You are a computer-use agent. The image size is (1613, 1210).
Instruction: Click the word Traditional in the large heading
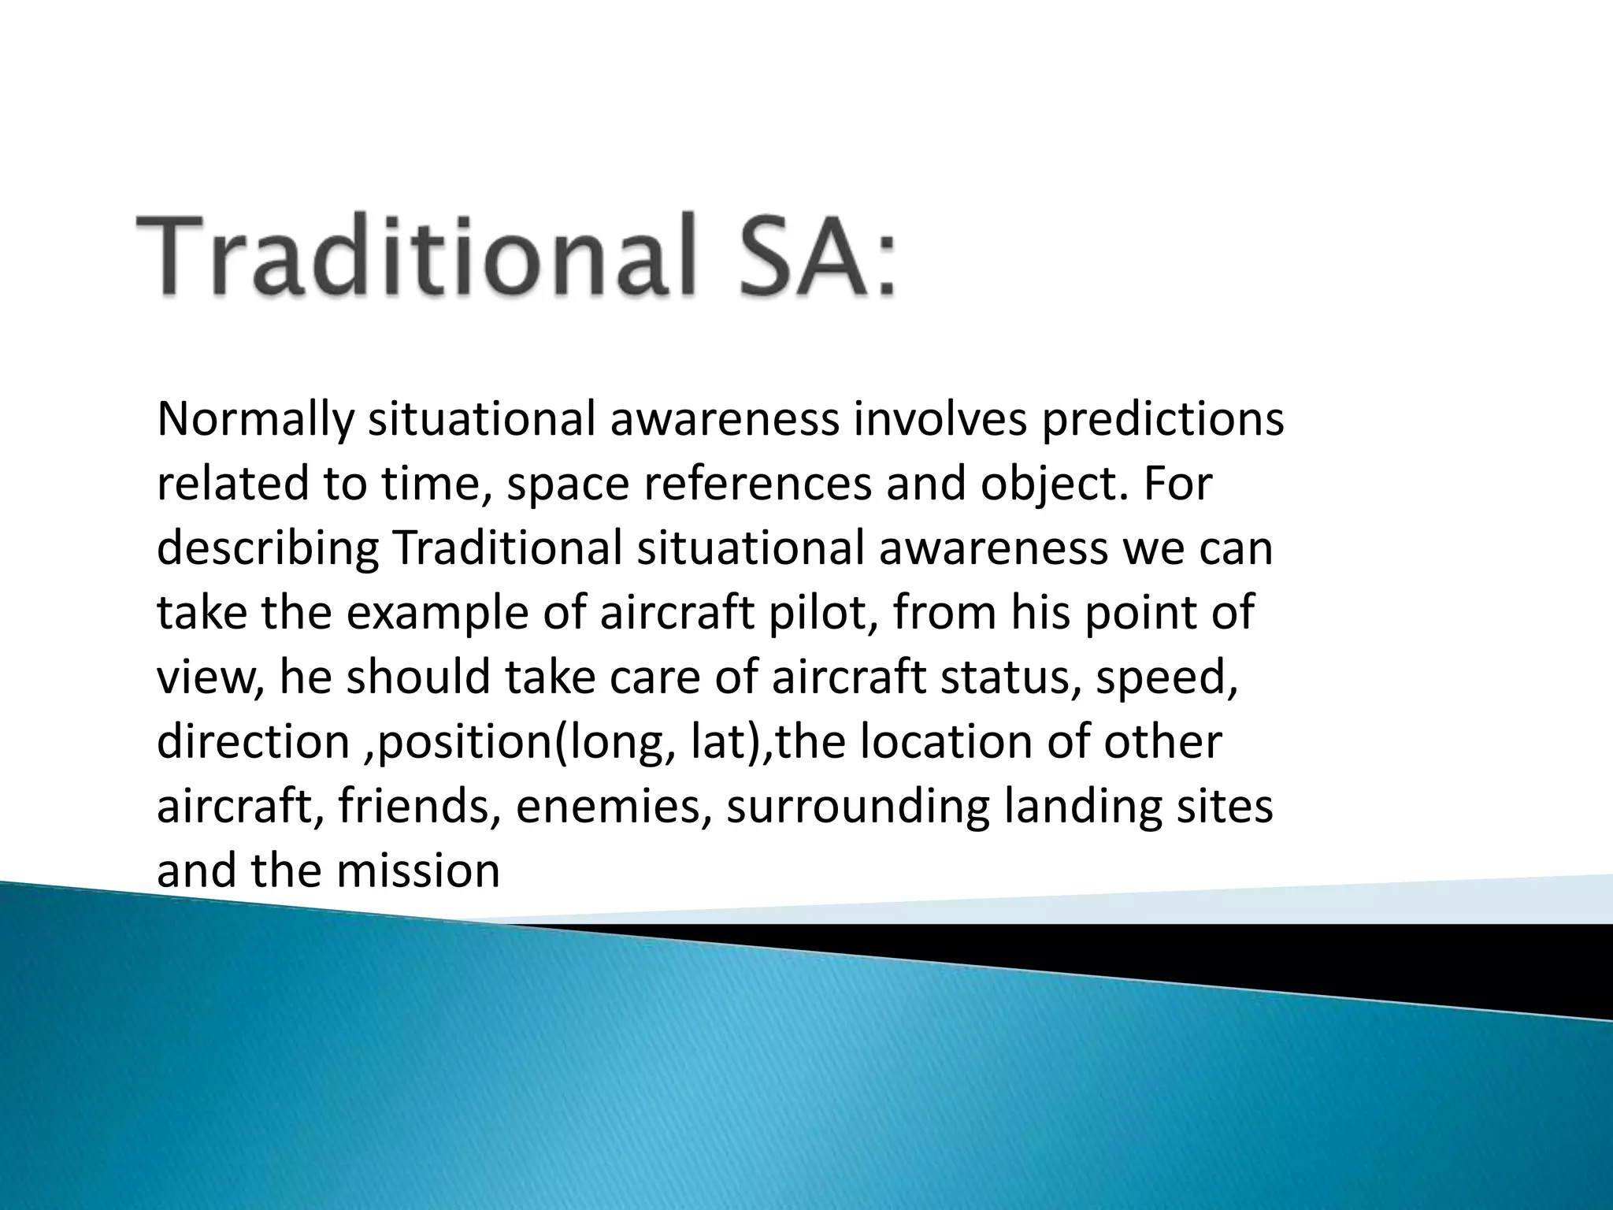pyautogui.click(x=417, y=257)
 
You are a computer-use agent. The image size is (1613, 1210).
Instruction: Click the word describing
pyautogui.click(x=267, y=548)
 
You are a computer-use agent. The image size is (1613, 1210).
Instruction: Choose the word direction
pyautogui.click(x=253, y=742)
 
